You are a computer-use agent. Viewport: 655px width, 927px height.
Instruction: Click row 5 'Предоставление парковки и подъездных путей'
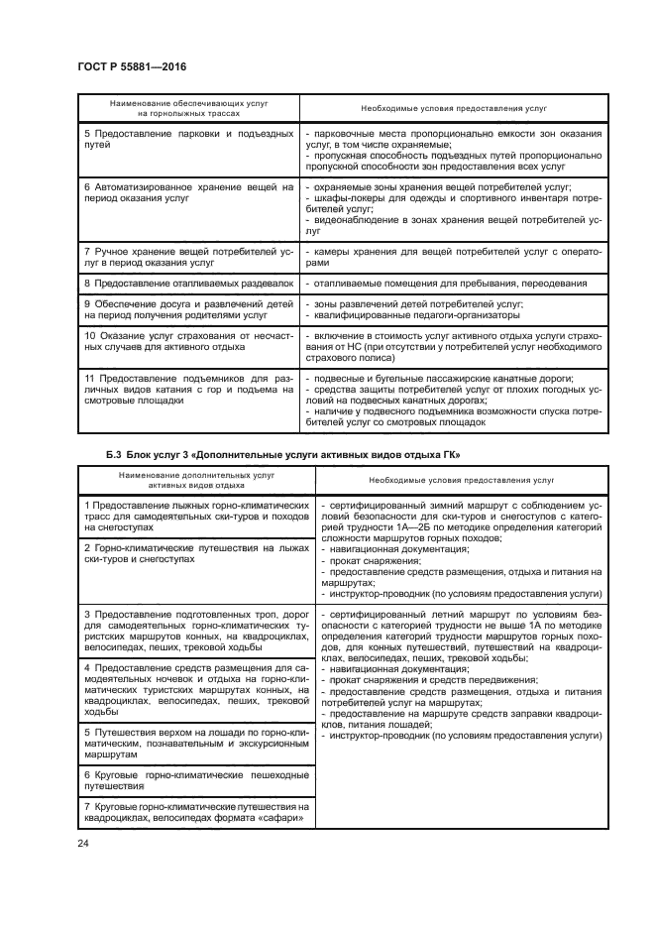click(x=188, y=139)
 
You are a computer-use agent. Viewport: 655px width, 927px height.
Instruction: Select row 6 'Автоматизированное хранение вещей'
click(x=188, y=192)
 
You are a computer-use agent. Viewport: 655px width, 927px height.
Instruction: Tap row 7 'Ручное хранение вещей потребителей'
click(x=188, y=258)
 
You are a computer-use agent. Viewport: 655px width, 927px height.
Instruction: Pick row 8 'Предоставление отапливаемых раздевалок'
click(x=188, y=285)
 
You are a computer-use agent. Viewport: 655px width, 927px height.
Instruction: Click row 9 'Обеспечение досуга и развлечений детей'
click(x=188, y=309)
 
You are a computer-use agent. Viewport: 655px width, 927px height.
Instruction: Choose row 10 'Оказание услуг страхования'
click(x=188, y=342)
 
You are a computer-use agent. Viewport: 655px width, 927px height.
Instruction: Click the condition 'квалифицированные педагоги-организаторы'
click(x=416, y=316)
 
